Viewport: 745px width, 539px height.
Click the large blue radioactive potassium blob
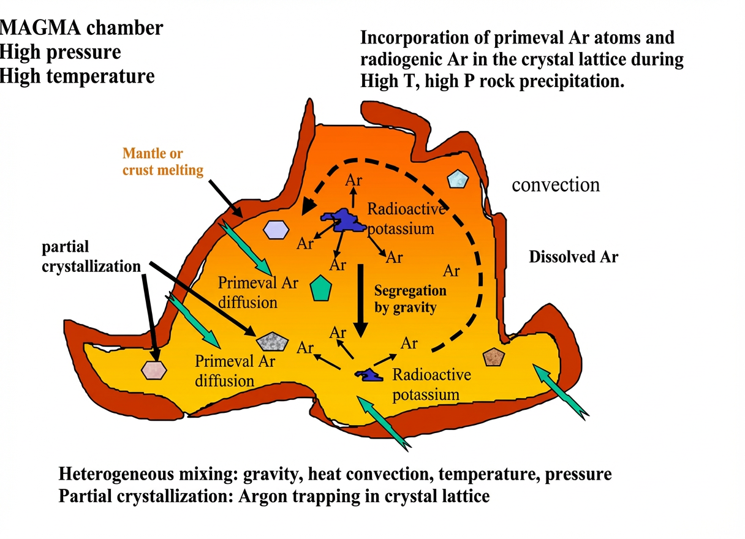(344, 219)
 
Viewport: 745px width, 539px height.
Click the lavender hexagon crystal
(276, 229)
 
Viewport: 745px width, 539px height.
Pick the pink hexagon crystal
(154, 369)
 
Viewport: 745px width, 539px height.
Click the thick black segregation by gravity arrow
(361, 300)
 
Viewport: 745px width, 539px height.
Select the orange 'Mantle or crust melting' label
(162, 162)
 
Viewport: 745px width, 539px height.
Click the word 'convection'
(556, 184)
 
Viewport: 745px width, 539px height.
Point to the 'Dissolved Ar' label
(573, 257)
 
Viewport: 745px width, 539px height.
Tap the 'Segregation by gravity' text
(409, 298)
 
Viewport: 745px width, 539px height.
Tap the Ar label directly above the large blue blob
(353, 181)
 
